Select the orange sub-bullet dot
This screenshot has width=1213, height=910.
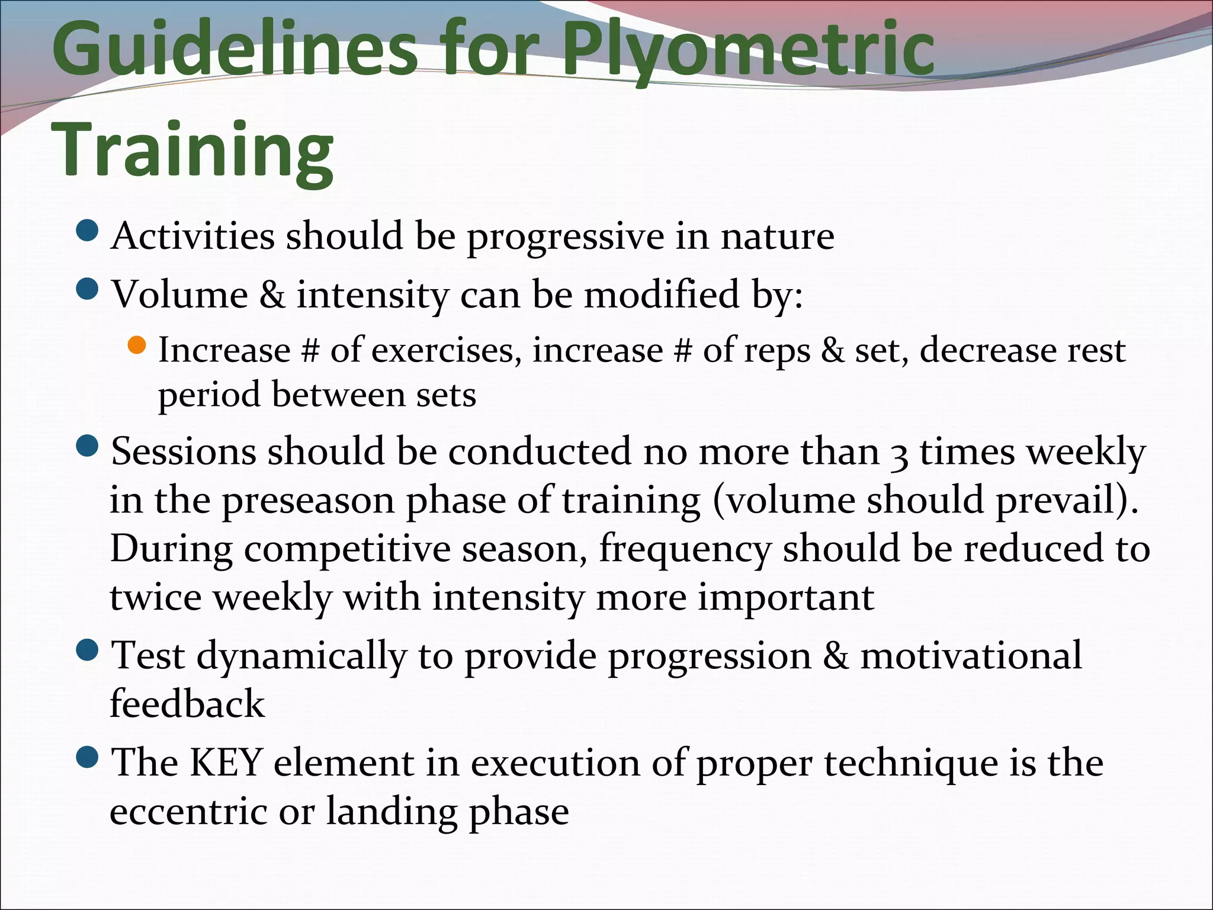pyautogui.click(x=137, y=345)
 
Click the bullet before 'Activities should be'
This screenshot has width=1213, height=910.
pyautogui.click(x=88, y=231)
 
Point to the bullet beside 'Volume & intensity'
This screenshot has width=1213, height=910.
pyautogui.click(x=88, y=290)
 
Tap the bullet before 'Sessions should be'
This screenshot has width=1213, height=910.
pyautogui.click(x=88, y=446)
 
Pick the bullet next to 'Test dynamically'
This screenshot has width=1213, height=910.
pyautogui.click(x=88, y=651)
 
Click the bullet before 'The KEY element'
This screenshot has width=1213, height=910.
pyautogui.click(x=88, y=757)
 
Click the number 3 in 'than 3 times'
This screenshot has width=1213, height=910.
pyautogui.click(x=900, y=454)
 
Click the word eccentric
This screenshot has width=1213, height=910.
pyautogui.click(x=188, y=812)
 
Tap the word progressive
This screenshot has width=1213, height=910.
pyautogui.click(x=566, y=237)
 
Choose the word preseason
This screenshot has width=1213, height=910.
pyautogui.click(x=308, y=501)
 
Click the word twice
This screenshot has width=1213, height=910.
pyautogui.click(x=156, y=597)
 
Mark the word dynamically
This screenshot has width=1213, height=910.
pyautogui.click(x=301, y=656)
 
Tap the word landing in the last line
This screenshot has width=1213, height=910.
pyautogui.click(x=391, y=812)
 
